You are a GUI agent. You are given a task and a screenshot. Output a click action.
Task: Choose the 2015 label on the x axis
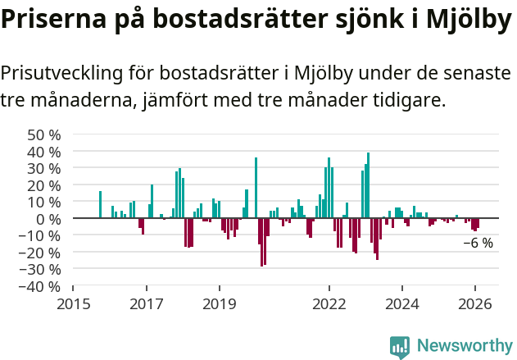73,304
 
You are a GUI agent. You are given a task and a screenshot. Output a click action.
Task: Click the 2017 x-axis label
147,304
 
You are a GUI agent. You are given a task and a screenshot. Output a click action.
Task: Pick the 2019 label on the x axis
220,304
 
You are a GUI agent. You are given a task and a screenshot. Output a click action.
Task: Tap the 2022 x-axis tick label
329,304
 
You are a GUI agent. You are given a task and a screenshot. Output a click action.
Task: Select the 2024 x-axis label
402,304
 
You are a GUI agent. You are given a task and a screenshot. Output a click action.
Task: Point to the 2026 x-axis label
475,304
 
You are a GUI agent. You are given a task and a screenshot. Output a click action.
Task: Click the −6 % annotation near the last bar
478,243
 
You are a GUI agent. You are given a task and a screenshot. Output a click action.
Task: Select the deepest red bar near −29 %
261,242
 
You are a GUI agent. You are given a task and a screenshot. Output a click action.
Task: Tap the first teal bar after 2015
100,204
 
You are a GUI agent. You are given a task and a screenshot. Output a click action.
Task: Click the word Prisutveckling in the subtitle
61,73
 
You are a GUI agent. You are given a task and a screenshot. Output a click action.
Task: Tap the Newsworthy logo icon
400,346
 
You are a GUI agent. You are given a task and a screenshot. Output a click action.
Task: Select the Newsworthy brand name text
464,346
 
